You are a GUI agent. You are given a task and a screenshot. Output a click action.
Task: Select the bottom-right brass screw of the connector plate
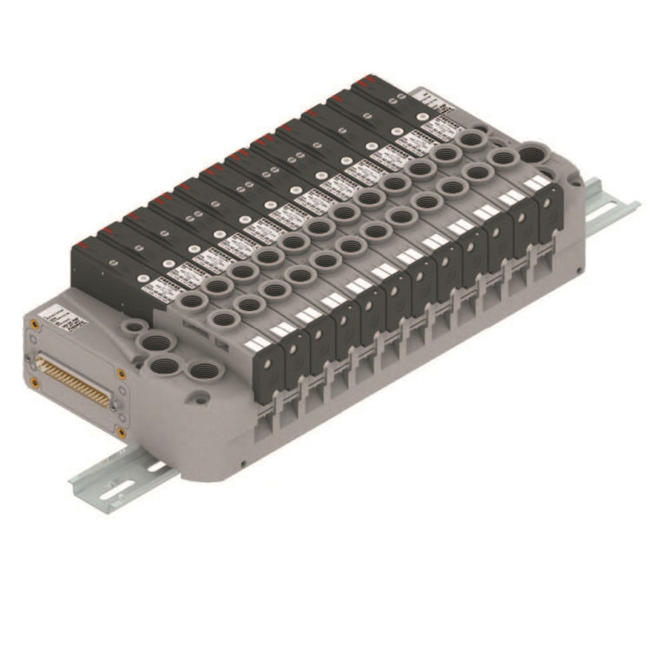point(120,433)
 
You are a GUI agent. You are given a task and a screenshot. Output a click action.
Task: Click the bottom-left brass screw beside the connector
point(35,381)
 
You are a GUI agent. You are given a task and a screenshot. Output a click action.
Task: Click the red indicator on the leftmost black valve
point(106,228)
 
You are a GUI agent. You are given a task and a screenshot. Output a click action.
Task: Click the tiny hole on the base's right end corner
point(574,182)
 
